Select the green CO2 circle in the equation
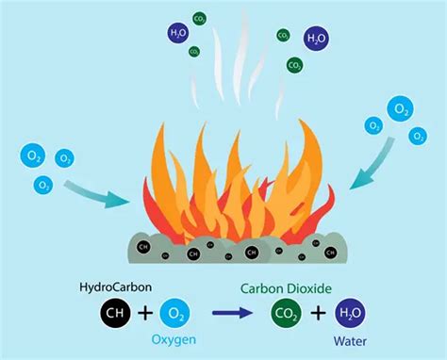(x=284, y=312)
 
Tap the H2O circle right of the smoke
(x=316, y=40)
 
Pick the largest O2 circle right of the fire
(x=402, y=110)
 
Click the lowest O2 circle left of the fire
(x=43, y=186)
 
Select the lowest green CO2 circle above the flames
(x=295, y=66)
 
